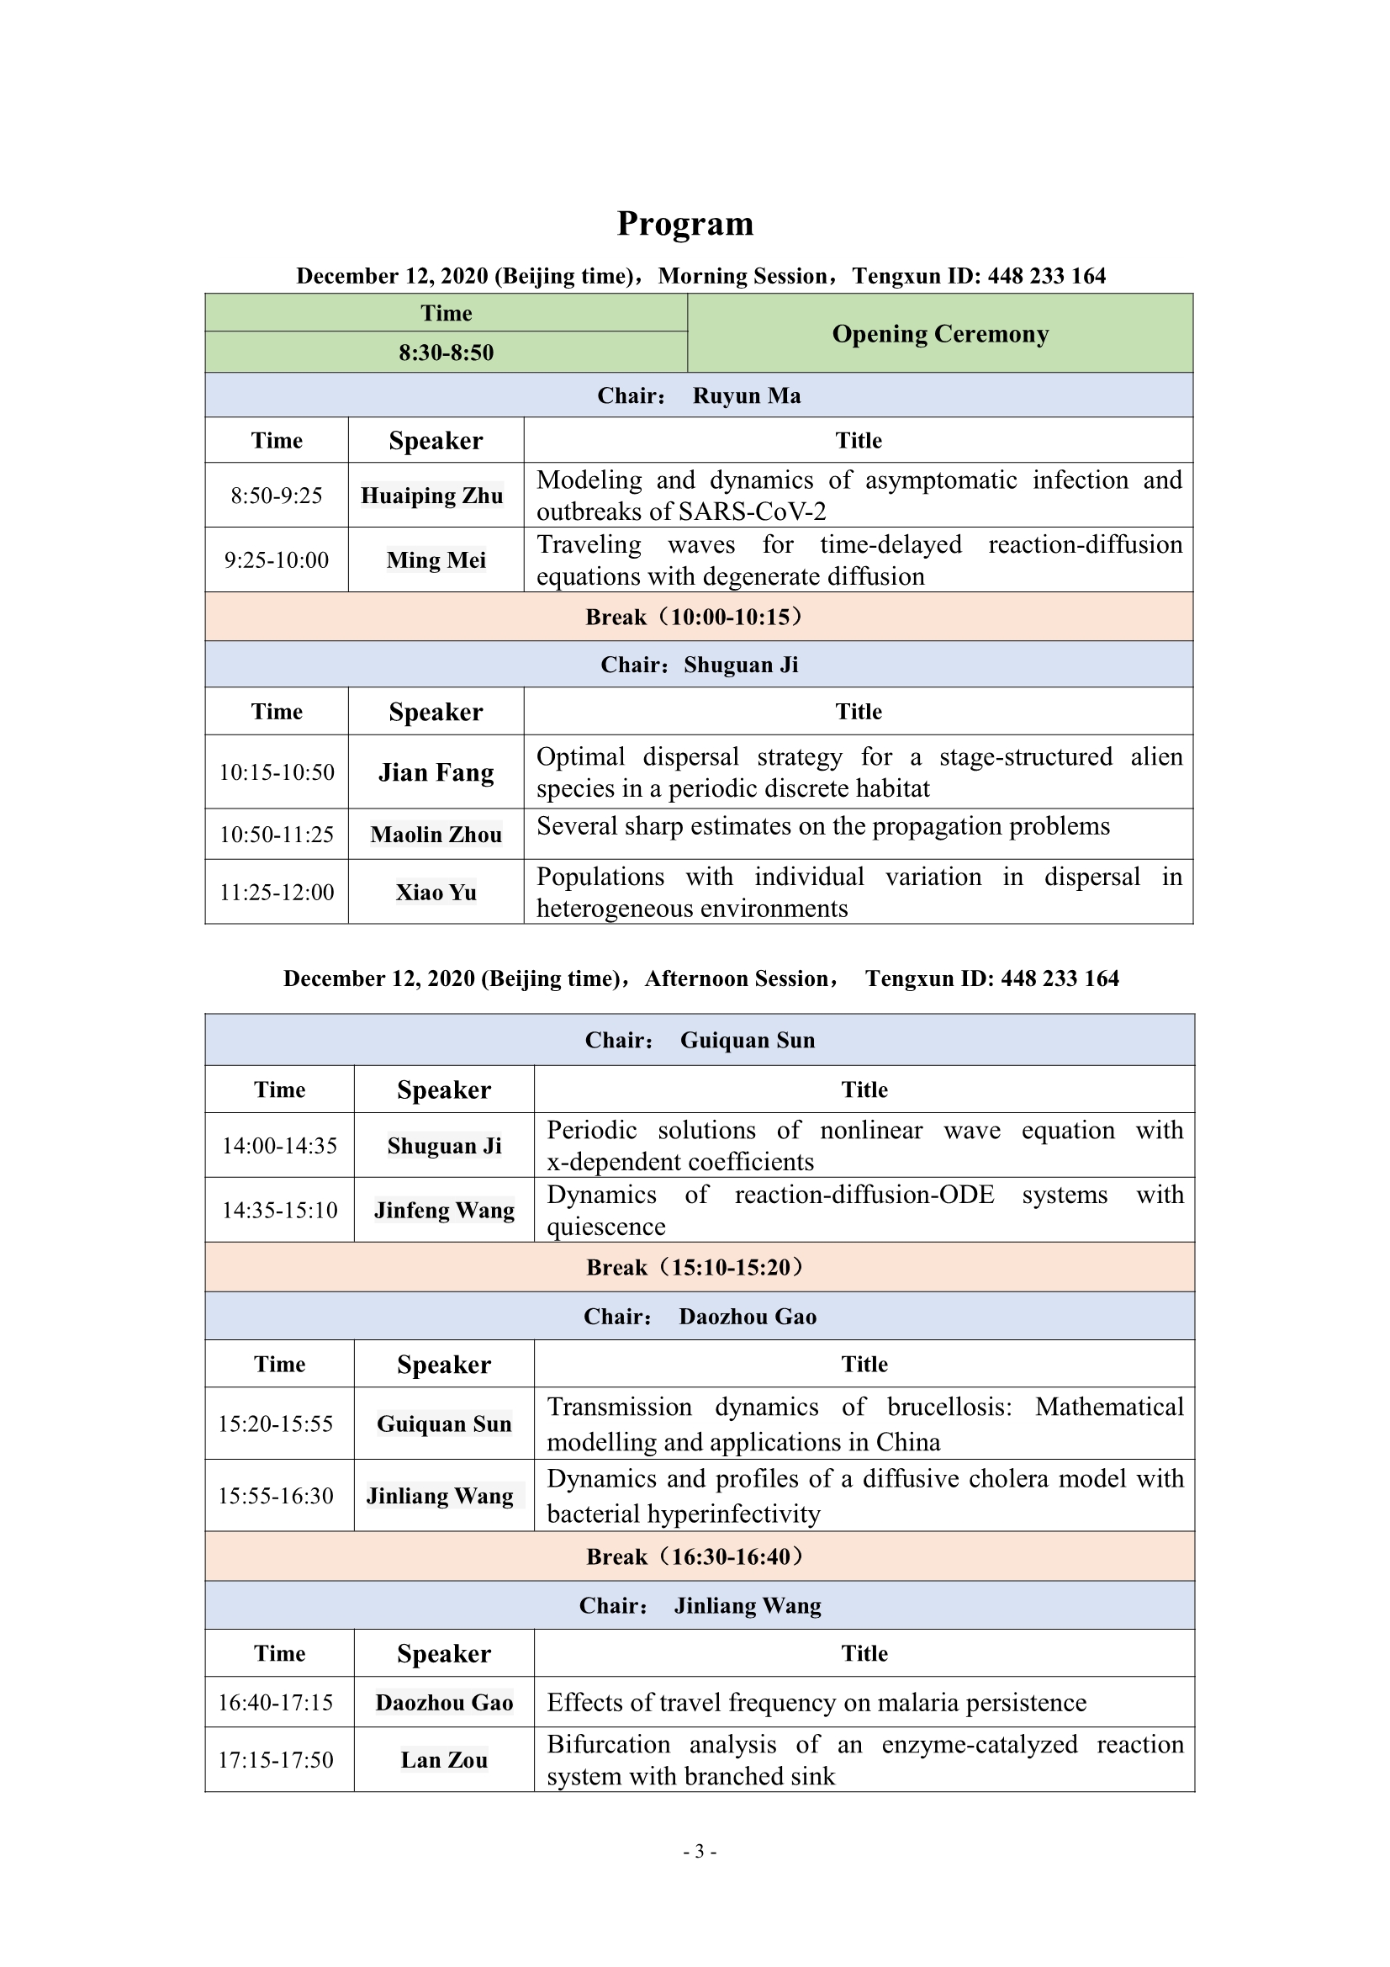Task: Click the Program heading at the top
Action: click(x=685, y=225)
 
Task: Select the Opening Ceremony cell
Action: click(x=939, y=334)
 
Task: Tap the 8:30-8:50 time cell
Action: click(x=446, y=353)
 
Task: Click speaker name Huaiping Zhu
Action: click(x=431, y=496)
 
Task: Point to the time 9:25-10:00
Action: click(x=276, y=560)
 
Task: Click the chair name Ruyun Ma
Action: click(x=746, y=395)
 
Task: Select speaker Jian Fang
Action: click(x=436, y=772)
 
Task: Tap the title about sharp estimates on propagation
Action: click(x=822, y=827)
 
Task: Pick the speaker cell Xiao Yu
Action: click(x=436, y=893)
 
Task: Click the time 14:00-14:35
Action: click(x=279, y=1146)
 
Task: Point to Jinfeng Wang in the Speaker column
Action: click(x=444, y=1211)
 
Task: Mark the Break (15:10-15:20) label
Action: click(x=695, y=1268)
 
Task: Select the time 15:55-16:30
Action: click(x=276, y=1496)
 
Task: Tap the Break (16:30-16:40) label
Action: click(x=695, y=1556)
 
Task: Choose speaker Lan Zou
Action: click(x=444, y=1761)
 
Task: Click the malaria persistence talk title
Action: click(x=817, y=1702)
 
